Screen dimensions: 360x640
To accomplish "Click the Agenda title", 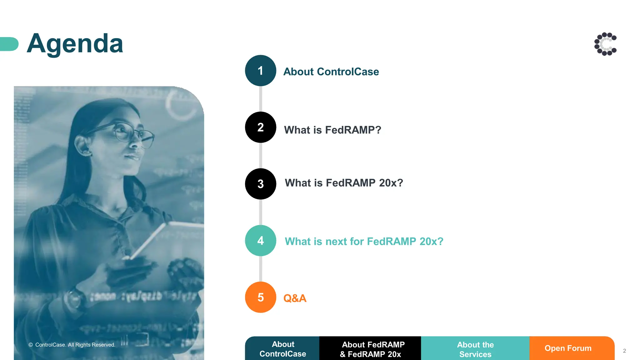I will [x=75, y=44].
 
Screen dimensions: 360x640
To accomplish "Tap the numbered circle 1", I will [x=260, y=71].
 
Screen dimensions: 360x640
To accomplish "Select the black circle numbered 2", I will [x=260, y=127].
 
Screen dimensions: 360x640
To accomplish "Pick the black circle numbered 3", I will [x=260, y=184].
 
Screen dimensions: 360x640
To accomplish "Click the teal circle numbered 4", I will [x=260, y=241].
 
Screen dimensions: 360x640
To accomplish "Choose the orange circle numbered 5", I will [x=260, y=297].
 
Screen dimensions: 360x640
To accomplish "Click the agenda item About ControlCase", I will [x=331, y=72].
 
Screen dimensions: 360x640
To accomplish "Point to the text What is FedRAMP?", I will [x=332, y=130].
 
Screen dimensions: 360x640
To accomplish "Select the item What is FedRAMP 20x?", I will [x=344, y=183].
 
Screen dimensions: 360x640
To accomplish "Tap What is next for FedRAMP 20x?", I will [x=364, y=241].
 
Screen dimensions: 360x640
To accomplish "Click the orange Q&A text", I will [x=295, y=298].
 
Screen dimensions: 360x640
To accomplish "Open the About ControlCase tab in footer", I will [x=282, y=349].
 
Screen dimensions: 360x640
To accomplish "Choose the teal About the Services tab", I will [x=475, y=349].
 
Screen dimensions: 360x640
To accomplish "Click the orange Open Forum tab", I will [x=568, y=348].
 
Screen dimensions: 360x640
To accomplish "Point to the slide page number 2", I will [x=624, y=351].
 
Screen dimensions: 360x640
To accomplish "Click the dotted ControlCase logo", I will [x=605, y=44].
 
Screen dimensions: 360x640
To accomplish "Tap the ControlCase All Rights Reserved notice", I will [x=72, y=345].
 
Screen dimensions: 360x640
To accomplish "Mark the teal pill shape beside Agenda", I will [x=9, y=44].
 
